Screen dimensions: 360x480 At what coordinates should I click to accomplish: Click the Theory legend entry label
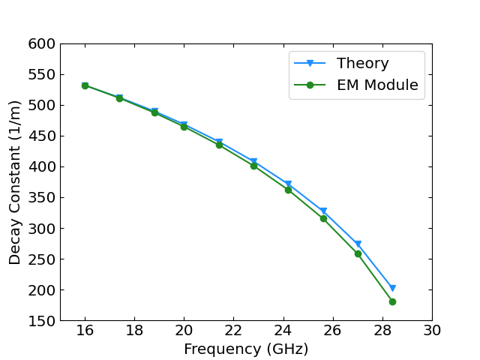[362, 64]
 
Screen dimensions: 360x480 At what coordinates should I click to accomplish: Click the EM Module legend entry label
[376, 85]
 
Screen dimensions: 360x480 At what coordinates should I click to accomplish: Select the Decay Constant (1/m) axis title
[15, 182]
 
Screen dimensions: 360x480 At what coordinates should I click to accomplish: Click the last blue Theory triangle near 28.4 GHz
[392, 288]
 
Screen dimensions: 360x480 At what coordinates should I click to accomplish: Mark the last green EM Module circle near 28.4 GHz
[392, 301]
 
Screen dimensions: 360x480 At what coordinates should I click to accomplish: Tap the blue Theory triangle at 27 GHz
[358, 244]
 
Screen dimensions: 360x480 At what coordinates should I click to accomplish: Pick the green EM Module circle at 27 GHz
[358, 253]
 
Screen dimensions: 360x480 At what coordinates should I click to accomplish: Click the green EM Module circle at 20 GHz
[184, 127]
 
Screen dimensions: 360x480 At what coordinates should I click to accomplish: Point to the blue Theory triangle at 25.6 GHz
[323, 211]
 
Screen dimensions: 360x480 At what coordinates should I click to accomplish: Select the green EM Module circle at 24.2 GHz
[288, 190]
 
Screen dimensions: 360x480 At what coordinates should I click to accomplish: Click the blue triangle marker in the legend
[309, 64]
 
